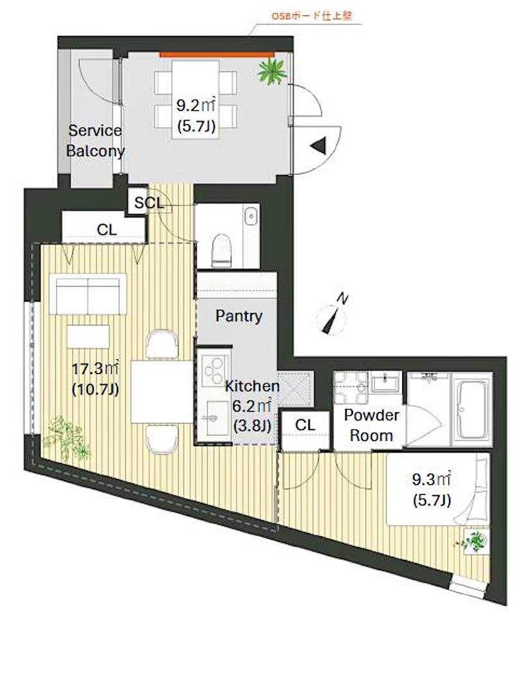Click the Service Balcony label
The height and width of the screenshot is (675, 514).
[x=96, y=140]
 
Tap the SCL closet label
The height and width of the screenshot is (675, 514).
[x=149, y=203]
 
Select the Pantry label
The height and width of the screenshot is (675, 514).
[x=239, y=316]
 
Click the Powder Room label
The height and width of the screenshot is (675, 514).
[x=371, y=426]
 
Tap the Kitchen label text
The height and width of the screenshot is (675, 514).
[x=253, y=386]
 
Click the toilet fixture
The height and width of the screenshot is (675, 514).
[x=222, y=249]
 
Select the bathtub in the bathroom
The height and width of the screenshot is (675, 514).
[x=471, y=409]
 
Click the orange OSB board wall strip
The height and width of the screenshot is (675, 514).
[x=217, y=54]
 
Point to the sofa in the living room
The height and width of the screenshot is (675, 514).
[x=88, y=294]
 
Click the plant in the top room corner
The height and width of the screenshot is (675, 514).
[x=272, y=72]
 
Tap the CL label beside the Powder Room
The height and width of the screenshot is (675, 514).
[x=305, y=426]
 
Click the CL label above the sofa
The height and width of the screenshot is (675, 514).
[x=107, y=230]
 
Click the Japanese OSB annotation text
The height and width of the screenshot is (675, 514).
[x=312, y=16]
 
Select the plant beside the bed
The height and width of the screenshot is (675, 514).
[x=475, y=541]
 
